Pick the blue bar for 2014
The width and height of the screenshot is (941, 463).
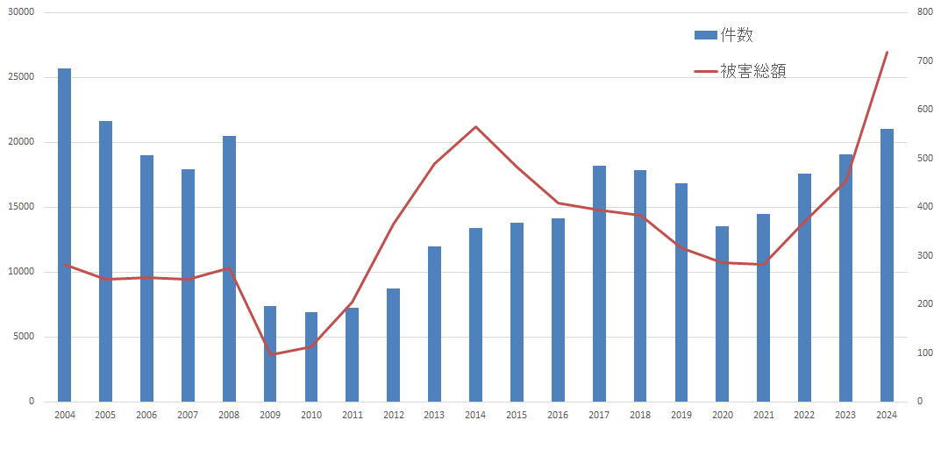[x=475, y=315]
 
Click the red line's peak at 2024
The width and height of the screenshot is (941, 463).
[x=887, y=53]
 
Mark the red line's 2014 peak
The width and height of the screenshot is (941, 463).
[x=475, y=127]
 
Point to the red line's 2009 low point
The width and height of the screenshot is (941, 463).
[x=270, y=354]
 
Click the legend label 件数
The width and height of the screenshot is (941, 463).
[x=737, y=35]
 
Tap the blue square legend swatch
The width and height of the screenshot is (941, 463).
[x=705, y=35]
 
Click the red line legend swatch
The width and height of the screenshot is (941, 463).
[x=705, y=71]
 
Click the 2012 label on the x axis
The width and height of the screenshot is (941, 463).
[x=394, y=414]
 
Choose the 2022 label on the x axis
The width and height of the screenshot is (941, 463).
[x=804, y=414]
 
